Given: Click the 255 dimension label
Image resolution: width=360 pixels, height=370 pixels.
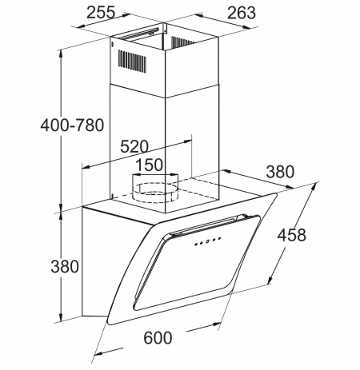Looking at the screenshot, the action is [x=101, y=12].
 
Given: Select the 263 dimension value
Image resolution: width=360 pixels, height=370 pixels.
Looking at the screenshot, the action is [x=242, y=13].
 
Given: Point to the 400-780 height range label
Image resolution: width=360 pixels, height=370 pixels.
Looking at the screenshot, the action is [x=72, y=125].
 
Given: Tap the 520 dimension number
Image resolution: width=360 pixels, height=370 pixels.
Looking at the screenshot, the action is [x=134, y=146].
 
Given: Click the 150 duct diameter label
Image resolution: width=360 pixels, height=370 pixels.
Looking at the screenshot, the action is [x=149, y=165].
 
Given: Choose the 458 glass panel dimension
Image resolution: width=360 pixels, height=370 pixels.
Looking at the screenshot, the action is [x=292, y=235].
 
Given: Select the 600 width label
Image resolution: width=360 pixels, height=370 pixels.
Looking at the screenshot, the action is [x=158, y=338].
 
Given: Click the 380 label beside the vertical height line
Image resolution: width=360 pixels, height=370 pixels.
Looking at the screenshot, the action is [x=65, y=266].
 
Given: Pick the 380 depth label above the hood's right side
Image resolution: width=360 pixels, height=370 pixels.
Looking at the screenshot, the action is [x=280, y=172].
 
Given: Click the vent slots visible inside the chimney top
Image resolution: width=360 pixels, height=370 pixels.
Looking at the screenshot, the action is [x=182, y=42].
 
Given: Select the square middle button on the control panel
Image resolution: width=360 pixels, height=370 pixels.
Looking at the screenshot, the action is [x=207, y=241].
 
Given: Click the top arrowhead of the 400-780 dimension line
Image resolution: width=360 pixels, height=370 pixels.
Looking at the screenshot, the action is [x=61, y=54].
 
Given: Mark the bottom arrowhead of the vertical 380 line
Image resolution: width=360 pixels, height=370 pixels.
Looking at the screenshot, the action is [x=61, y=317].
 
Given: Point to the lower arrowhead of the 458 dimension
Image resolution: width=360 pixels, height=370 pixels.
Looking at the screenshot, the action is [x=270, y=280].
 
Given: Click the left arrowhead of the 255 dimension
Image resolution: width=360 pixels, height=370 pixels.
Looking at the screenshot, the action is [x=80, y=26].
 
